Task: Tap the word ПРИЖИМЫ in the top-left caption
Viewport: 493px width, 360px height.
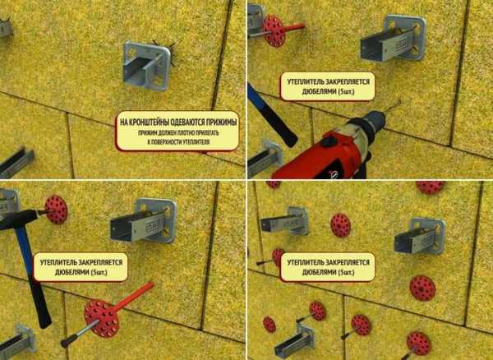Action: pyautogui.click(x=221, y=122)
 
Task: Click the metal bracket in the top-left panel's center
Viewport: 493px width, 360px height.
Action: pyautogui.click(x=147, y=66)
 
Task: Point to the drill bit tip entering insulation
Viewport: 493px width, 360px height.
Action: pyautogui.click(x=400, y=100)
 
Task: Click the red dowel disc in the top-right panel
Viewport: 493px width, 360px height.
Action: pyautogui.click(x=274, y=31)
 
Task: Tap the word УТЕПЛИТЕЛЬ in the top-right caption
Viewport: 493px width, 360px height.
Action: pyautogui.click(x=303, y=82)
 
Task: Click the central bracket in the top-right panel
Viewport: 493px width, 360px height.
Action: pyautogui.click(x=393, y=39)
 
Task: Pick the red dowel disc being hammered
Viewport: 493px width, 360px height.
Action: pyautogui.click(x=56, y=210)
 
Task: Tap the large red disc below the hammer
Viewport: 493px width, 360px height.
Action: pyautogui.click(x=101, y=319)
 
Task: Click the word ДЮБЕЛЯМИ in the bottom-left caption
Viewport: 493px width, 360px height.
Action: pyautogui.click(x=71, y=272)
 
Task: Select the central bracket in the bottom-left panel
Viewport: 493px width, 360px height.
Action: pyautogui.click(x=143, y=221)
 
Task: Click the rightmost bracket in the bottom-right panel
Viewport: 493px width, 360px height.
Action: pyautogui.click(x=420, y=237)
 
